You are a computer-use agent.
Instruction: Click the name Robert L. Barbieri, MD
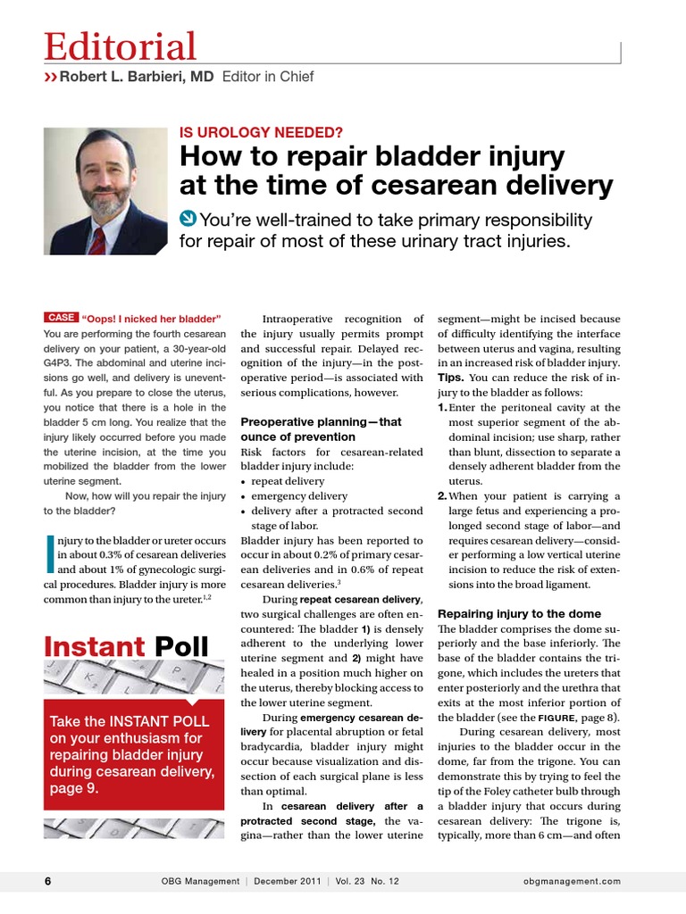click(137, 78)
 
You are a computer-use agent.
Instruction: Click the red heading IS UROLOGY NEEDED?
click(262, 133)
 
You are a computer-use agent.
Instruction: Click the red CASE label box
click(61, 318)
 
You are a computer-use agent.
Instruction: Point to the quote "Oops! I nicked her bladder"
click(150, 319)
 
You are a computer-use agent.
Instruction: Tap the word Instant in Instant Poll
click(95, 645)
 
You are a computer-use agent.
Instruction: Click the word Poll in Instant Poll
click(181, 645)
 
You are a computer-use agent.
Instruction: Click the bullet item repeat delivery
click(288, 480)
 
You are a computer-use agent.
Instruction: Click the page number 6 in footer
click(48, 881)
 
